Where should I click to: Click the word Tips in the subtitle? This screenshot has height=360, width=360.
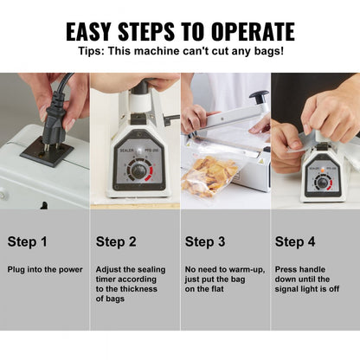pyautogui.click(x=93, y=53)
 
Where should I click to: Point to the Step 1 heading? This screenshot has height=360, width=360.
pyautogui.click(x=29, y=241)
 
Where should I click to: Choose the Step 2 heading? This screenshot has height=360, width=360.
pyautogui.click(x=117, y=241)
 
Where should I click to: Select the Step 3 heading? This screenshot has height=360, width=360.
pyautogui.click(x=205, y=241)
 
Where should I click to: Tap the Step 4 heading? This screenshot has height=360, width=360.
pyautogui.click(x=295, y=241)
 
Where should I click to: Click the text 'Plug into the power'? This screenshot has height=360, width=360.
pyautogui.click(x=45, y=269)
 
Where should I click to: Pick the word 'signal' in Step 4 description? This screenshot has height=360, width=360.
pyautogui.click(x=290, y=289)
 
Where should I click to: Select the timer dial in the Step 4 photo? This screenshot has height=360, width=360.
pyautogui.click(x=323, y=182)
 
